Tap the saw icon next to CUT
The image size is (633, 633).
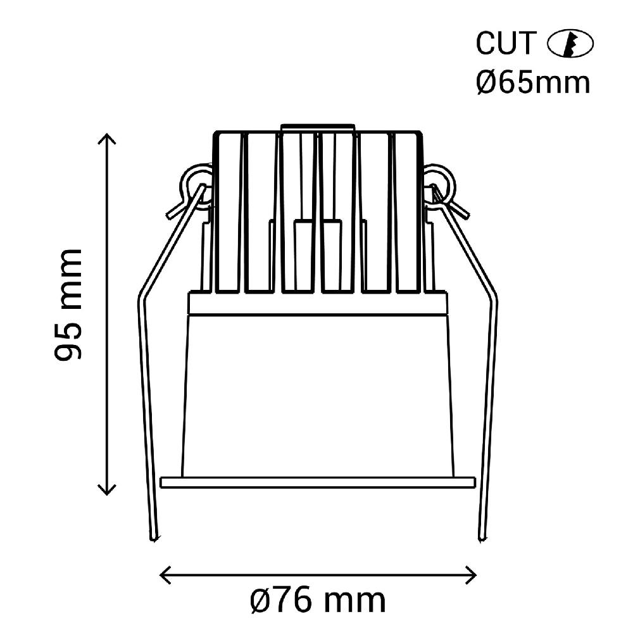tap(569, 44)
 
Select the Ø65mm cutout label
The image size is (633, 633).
tap(533, 82)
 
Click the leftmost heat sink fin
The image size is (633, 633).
tap(229, 212)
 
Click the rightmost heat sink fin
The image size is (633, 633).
tap(408, 212)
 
